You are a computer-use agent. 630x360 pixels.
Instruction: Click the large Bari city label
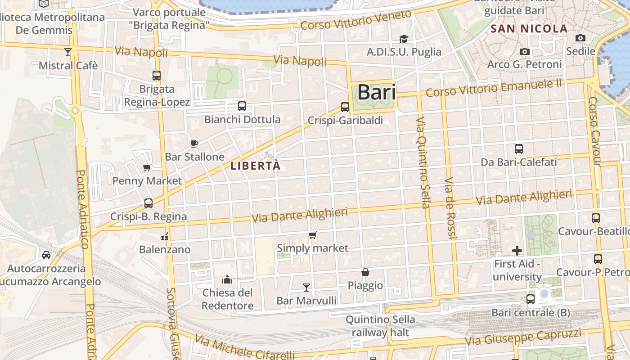(377, 92)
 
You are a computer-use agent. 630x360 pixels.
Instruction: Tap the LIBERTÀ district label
(256, 166)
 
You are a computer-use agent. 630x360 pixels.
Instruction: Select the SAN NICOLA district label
(529, 29)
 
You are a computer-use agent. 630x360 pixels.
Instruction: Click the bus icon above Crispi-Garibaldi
(345, 107)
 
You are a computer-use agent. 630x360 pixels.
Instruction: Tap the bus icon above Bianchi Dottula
(242, 106)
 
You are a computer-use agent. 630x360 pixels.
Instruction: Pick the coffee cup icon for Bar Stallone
(194, 144)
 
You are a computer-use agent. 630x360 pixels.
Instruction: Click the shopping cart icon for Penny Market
(147, 168)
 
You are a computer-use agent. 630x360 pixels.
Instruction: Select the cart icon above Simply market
(313, 235)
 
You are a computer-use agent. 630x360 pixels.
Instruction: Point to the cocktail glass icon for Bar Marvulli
(306, 287)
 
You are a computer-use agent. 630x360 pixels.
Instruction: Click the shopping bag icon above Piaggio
(365, 272)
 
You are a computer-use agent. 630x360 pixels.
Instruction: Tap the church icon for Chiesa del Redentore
(227, 280)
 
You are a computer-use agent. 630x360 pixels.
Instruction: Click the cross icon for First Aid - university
(517, 250)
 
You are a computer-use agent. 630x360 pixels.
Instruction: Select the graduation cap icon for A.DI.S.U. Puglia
(404, 39)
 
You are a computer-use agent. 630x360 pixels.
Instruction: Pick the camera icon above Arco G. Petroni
(524, 51)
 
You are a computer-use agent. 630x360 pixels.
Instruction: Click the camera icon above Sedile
(580, 38)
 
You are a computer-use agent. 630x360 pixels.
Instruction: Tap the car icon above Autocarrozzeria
(46, 255)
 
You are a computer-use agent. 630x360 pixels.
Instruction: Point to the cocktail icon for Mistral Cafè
(68, 52)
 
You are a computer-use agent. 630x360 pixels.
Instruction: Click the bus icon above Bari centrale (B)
(531, 299)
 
